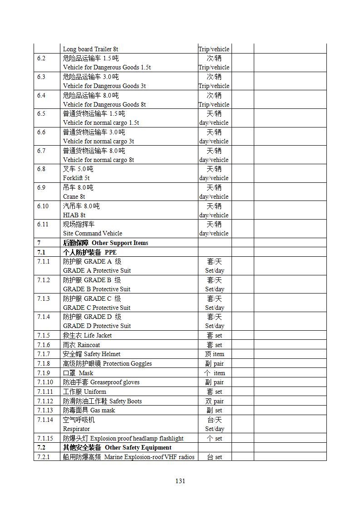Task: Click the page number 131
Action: [x=180, y=481]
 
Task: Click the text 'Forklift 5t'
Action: [x=76, y=178]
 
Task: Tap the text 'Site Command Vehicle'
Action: [x=93, y=234]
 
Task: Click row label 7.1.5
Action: [x=44, y=336]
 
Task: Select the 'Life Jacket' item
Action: [x=98, y=336]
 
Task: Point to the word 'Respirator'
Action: [x=76, y=429]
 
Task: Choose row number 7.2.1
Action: [x=44, y=457]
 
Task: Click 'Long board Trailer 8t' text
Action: [x=90, y=49]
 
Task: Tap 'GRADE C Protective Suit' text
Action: [x=97, y=308]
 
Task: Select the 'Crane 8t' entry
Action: [x=74, y=197]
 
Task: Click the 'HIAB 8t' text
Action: [x=74, y=215]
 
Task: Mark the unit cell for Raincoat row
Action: [x=214, y=345]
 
